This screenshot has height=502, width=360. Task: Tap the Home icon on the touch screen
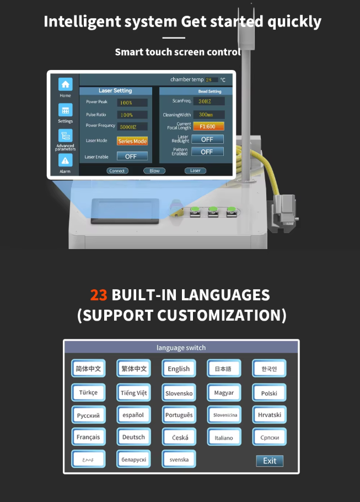(x=66, y=84)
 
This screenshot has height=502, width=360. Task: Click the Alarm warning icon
(x=66, y=160)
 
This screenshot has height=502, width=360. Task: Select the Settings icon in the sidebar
(x=66, y=110)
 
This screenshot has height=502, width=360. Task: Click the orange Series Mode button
(x=132, y=141)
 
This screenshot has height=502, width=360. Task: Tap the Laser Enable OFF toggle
(x=132, y=156)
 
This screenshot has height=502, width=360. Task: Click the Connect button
(x=117, y=171)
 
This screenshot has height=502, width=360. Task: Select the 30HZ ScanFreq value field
(x=208, y=101)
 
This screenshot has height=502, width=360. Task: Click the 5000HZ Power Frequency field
(x=132, y=126)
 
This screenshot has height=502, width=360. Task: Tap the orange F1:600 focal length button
(x=208, y=126)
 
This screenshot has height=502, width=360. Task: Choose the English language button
(x=179, y=369)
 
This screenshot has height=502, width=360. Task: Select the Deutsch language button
(x=133, y=437)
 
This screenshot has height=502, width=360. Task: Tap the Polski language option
(x=269, y=393)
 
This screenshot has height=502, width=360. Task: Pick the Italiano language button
(x=224, y=438)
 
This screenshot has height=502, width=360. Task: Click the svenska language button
(x=179, y=459)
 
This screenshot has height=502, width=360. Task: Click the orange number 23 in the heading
(x=99, y=295)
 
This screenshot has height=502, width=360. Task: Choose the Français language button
(x=88, y=437)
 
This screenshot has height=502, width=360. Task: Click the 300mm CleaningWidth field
(x=208, y=114)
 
